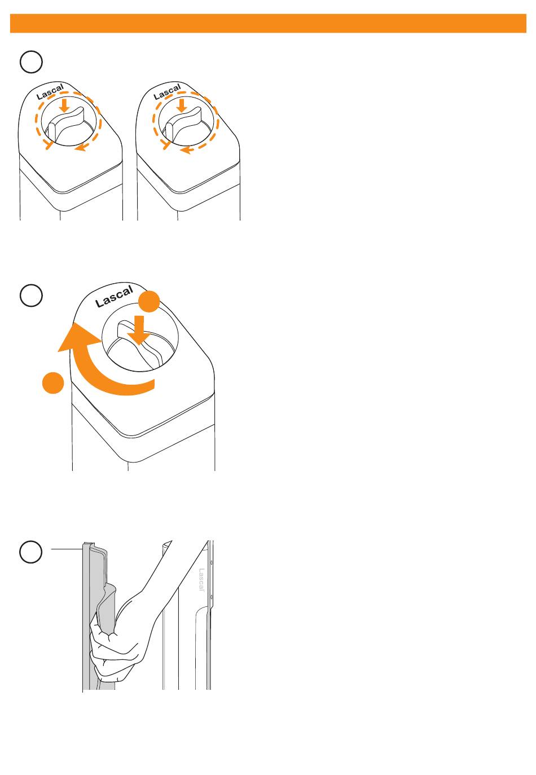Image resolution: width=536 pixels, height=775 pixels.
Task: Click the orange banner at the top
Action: tap(268, 23)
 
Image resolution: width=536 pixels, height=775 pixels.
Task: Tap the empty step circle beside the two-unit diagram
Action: tap(31, 61)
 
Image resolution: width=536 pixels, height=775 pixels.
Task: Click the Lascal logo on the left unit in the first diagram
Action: tap(50, 91)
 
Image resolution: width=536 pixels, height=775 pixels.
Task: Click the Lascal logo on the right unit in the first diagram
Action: tap(167, 91)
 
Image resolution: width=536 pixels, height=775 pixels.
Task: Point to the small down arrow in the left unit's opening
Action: tap(64, 105)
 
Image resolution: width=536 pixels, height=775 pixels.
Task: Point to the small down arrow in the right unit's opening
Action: tap(181, 105)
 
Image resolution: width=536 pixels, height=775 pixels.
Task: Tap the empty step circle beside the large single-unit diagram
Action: tap(31, 296)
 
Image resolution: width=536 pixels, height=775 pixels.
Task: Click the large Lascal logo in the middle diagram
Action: tap(114, 296)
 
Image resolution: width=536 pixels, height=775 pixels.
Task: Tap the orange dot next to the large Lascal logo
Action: tap(149, 301)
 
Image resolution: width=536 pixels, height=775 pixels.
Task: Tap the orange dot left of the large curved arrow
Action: tap(53, 383)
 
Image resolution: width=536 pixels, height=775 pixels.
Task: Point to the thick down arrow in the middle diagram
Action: tap(139, 330)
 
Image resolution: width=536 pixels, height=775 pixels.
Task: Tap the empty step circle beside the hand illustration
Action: tap(31, 552)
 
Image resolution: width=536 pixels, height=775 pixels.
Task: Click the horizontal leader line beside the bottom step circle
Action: tap(67, 549)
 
